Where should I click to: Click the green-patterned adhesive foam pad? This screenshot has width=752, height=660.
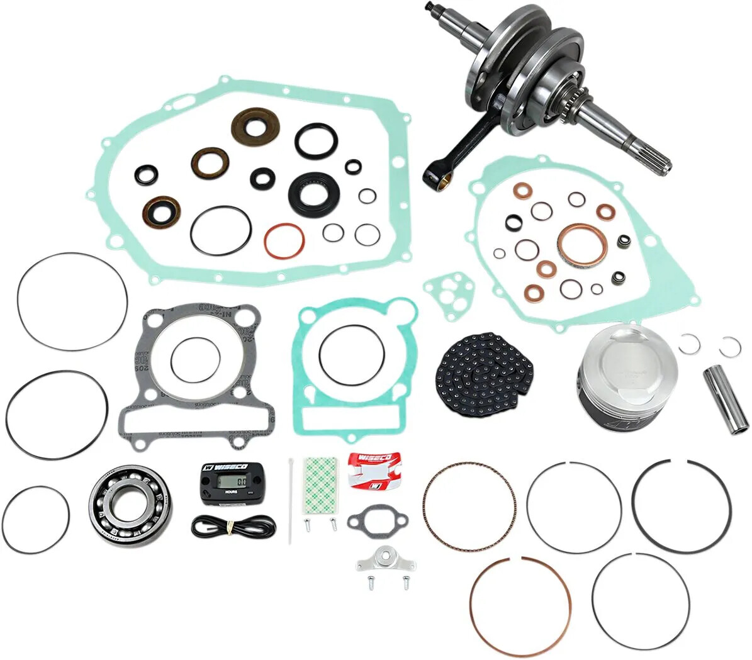(322, 481)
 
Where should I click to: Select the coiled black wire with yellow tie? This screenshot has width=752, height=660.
(233, 524)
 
